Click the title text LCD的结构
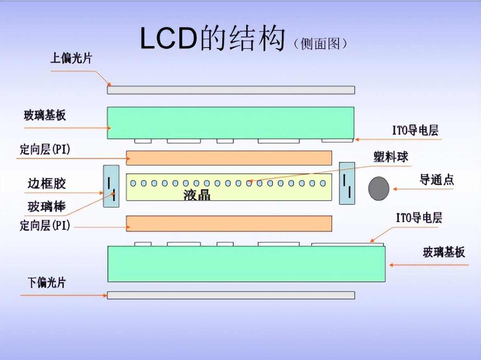212,39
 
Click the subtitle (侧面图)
320,43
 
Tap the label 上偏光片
71,59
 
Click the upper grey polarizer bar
231,90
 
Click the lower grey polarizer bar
231,295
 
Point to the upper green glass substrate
230,123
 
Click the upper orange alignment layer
229,158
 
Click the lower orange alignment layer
229,223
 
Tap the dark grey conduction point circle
379,188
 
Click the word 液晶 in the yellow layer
197,195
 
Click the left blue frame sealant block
111,186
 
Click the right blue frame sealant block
347,183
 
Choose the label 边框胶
47,184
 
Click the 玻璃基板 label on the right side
444,252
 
